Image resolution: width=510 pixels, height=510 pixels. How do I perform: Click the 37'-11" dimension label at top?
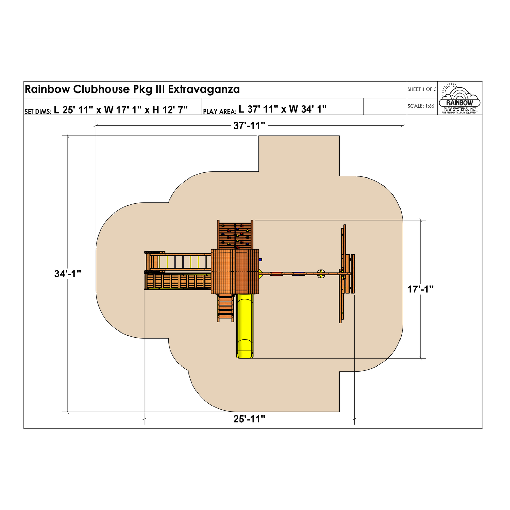(x=249, y=126)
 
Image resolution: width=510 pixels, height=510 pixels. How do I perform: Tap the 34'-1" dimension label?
(x=68, y=274)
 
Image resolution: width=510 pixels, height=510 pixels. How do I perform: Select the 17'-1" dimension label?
(x=421, y=289)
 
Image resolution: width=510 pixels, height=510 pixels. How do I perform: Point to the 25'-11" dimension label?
(x=249, y=419)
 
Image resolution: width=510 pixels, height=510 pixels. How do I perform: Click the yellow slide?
(x=245, y=326)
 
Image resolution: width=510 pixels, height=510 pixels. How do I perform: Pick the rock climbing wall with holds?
(x=235, y=235)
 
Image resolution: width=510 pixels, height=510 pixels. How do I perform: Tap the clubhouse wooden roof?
(x=235, y=271)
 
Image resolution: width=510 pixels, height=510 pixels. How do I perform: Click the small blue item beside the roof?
(x=260, y=259)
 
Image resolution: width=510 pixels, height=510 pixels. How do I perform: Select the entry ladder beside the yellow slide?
(x=225, y=308)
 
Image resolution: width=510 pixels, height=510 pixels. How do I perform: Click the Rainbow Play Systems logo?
(x=460, y=98)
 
